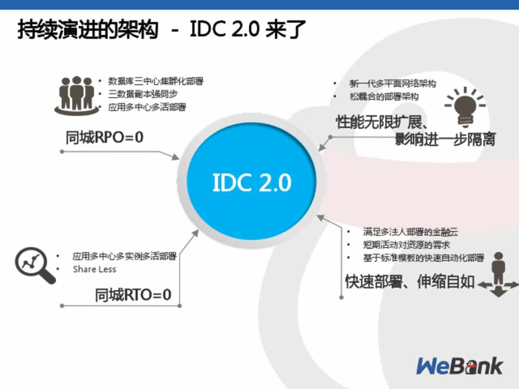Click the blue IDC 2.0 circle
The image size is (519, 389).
[x=251, y=182]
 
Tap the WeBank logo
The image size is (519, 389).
[x=460, y=366]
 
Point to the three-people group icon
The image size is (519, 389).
[x=76, y=95]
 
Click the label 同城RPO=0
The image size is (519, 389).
[x=104, y=137]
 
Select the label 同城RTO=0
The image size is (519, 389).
[x=133, y=295]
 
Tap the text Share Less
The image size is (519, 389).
[x=95, y=269]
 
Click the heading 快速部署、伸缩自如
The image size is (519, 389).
[x=410, y=282]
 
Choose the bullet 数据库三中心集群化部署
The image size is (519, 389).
[x=156, y=82]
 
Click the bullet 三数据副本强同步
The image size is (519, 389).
[x=143, y=94]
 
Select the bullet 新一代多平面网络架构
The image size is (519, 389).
[x=392, y=84]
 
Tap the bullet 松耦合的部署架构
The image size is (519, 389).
[x=384, y=97]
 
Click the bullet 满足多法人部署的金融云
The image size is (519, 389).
[x=410, y=232]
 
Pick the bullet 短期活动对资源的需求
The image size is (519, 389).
[x=407, y=245]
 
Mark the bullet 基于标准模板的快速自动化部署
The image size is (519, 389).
[x=424, y=258]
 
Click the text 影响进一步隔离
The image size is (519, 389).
[x=445, y=139]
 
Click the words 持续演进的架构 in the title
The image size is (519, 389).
[x=88, y=29]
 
